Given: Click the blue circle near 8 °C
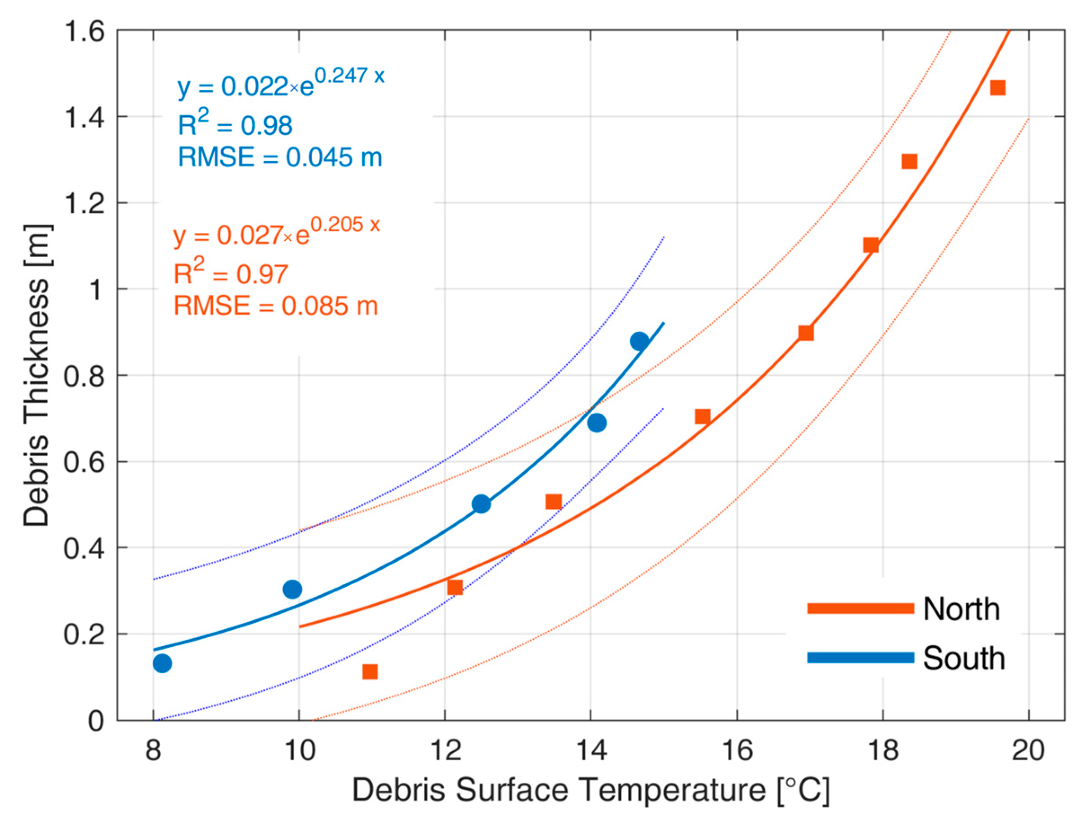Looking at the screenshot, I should click(162, 663).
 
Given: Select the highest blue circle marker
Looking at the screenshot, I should click(639, 341).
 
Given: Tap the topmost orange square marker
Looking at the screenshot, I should click(998, 88).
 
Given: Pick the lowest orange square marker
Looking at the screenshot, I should click(370, 672).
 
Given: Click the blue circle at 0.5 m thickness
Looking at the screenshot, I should click(481, 504).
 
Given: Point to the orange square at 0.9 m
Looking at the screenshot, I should click(806, 333).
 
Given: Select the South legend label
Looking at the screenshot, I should click(963, 658).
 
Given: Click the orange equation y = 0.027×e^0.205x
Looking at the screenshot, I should click(277, 233).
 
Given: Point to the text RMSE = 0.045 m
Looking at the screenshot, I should click(280, 158).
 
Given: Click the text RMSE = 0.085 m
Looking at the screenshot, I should click(276, 306).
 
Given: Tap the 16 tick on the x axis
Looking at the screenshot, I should click(737, 750).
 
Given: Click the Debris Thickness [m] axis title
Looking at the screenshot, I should click(37, 376).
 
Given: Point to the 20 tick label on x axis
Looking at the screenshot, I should click(1028, 750).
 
